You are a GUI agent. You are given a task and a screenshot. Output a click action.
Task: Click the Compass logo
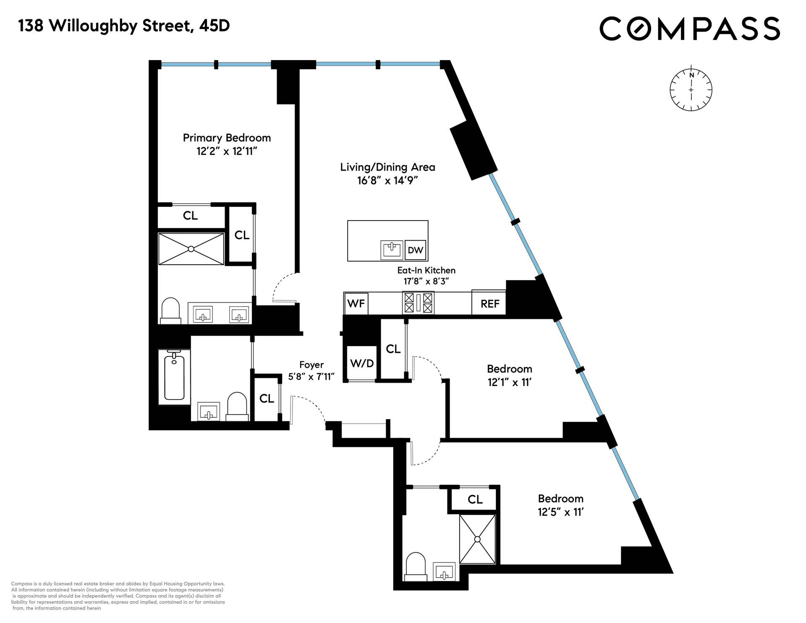(x=689, y=28)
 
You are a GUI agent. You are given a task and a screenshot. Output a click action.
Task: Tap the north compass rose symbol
(x=691, y=89)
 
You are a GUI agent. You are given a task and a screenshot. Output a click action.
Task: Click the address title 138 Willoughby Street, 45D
(x=124, y=26)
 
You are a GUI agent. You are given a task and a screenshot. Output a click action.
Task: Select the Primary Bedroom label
(x=227, y=138)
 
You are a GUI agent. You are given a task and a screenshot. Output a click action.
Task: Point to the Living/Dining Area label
(x=387, y=167)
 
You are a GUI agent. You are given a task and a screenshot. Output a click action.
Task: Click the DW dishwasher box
(x=416, y=250)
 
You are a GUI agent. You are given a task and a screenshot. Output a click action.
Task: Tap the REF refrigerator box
(x=489, y=303)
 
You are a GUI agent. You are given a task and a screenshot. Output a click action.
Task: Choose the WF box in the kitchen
(x=356, y=303)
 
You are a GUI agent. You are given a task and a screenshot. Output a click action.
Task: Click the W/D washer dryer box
(x=362, y=363)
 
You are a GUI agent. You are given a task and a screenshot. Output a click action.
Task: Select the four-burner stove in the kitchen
(x=419, y=303)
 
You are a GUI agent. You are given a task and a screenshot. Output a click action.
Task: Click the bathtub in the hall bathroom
(x=174, y=377)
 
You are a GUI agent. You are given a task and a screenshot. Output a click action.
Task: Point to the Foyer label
(x=311, y=365)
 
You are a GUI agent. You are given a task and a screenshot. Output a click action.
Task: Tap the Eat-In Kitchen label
(x=427, y=270)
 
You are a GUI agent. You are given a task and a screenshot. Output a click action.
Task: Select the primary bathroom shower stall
(x=191, y=249)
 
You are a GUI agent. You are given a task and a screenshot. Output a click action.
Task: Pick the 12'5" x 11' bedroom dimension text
(x=561, y=512)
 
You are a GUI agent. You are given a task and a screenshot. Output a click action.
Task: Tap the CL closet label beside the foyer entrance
(x=267, y=398)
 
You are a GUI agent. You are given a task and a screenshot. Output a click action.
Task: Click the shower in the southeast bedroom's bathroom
(x=477, y=539)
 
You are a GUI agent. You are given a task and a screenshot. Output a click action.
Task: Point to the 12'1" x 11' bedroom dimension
(x=510, y=382)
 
